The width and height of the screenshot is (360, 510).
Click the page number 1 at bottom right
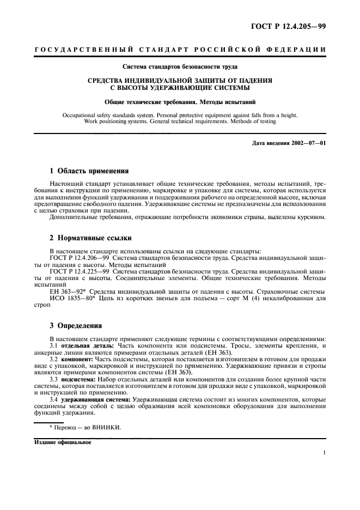click(x=324, y=452)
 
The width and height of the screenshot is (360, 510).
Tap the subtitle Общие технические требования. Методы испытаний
click(x=180, y=102)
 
